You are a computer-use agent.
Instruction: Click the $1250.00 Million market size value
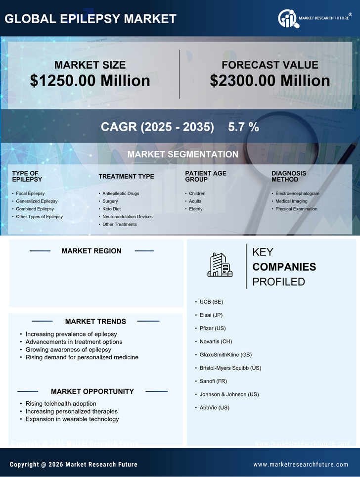(x=90, y=81)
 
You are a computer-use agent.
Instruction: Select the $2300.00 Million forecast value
(x=270, y=81)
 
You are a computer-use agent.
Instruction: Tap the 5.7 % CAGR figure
(x=243, y=127)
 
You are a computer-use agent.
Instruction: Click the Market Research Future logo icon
(x=288, y=18)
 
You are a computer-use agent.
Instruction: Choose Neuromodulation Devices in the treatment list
(x=127, y=217)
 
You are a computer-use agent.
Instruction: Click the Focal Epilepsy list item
(x=30, y=193)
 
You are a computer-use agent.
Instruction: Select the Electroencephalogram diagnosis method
(x=297, y=193)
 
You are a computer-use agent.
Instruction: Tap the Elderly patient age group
(x=195, y=209)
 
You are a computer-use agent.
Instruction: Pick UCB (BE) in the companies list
(x=212, y=301)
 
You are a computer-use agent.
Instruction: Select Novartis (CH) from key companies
(x=216, y=341)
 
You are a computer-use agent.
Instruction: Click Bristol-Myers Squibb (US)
(x=230, y=368)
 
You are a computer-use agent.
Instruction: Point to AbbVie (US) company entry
(x=214, y=408)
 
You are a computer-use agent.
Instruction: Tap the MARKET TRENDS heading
(x=95, y=322)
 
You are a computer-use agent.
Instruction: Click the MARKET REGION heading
(x=91, y=251)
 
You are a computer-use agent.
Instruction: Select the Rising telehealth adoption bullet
(x=61, y=404)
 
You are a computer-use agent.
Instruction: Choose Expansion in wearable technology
(x=72, y=419)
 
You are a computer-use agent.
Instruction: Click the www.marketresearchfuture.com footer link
(x=301, y=465)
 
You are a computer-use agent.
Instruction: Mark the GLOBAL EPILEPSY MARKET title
(x=90, y=19)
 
